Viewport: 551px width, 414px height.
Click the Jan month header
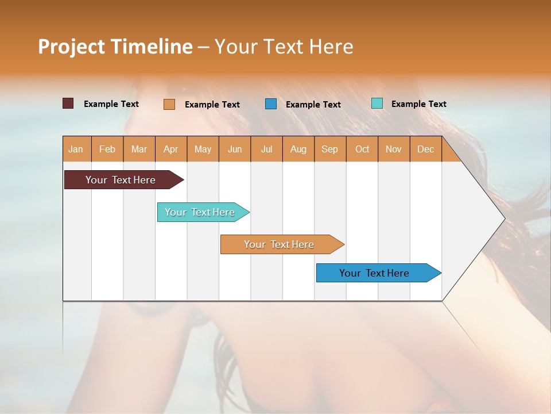point(76,149)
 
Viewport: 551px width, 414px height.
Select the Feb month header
point(107,149)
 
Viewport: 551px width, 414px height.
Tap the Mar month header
point(139,149)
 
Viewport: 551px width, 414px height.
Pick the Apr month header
point(170,149)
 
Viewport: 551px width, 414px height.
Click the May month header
point(203,149)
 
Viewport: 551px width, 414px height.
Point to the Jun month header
point(235,149)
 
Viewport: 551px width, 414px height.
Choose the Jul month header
point(266,149)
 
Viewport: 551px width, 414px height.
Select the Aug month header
point(298,149)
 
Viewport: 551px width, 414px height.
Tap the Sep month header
point(329,149)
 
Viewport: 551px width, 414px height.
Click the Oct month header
point(362,149)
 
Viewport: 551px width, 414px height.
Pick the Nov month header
point(394,149)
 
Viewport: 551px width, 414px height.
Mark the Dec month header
point(425,149)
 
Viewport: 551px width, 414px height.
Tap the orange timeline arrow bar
point(280,244)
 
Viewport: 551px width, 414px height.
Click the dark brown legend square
point(68,103)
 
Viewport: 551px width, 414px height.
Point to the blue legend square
point(271,103)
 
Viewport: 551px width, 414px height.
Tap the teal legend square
point(377,103)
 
